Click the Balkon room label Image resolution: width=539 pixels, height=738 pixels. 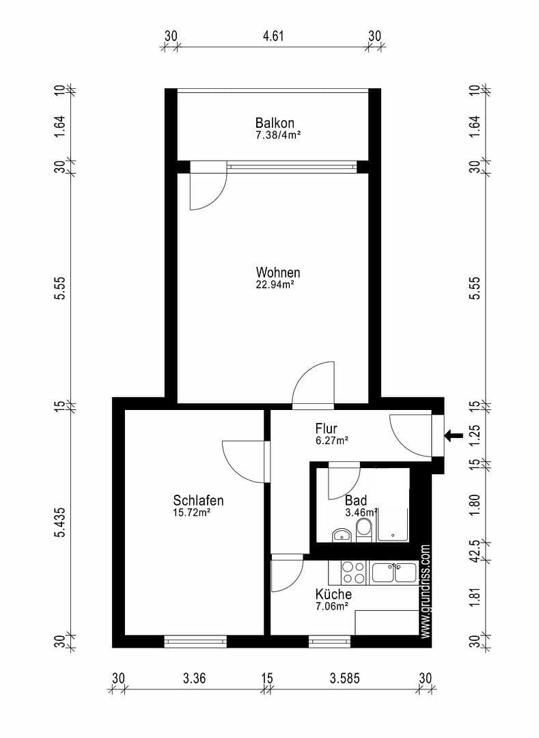click(x=275, y=123)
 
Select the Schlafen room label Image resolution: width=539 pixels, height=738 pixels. click(x=198, y=500)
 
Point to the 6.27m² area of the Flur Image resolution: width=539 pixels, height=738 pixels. click(x=332, y=441)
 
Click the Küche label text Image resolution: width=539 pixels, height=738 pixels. click(x=333, y=594)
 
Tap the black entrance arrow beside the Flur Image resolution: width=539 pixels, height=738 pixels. click(x=453, y=435)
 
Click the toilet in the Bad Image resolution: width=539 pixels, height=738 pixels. click(x=365, y=530)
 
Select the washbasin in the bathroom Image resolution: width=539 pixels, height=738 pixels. click(x=341, y=534)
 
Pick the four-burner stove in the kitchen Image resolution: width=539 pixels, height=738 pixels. click(x=353, y=572)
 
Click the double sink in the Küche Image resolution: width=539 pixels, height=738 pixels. click(x=393, y=572)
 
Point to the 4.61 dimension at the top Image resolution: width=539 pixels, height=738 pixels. click(x=273, y=36)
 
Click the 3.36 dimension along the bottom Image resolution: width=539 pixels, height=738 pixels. click(x=195, y=679)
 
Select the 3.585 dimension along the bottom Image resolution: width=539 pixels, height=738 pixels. click(x=345, y=679)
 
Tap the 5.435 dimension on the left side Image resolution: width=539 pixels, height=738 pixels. click(x=61, y=521)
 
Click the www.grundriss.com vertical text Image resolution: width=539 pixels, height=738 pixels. click(x=426, y=592)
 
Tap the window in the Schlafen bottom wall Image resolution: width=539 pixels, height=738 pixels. click(x=195, y=642)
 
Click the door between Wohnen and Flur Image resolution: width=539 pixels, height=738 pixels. click(x=314, y=387)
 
